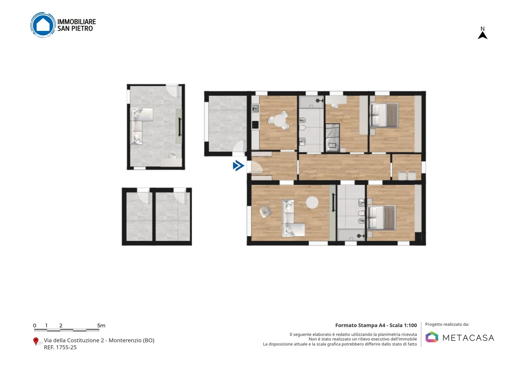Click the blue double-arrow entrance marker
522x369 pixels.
239,166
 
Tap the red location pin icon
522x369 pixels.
36,341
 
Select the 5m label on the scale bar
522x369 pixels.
101,326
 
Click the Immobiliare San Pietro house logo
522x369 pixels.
43,25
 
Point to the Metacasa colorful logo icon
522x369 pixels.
432,337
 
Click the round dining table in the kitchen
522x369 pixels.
279,120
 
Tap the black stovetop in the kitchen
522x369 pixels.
255,125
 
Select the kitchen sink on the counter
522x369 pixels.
255,108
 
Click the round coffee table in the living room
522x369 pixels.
312,202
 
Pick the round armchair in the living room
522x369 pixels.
265,212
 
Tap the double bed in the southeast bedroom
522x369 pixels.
381,217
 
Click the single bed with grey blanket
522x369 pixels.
332,138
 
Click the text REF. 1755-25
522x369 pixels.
60,347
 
